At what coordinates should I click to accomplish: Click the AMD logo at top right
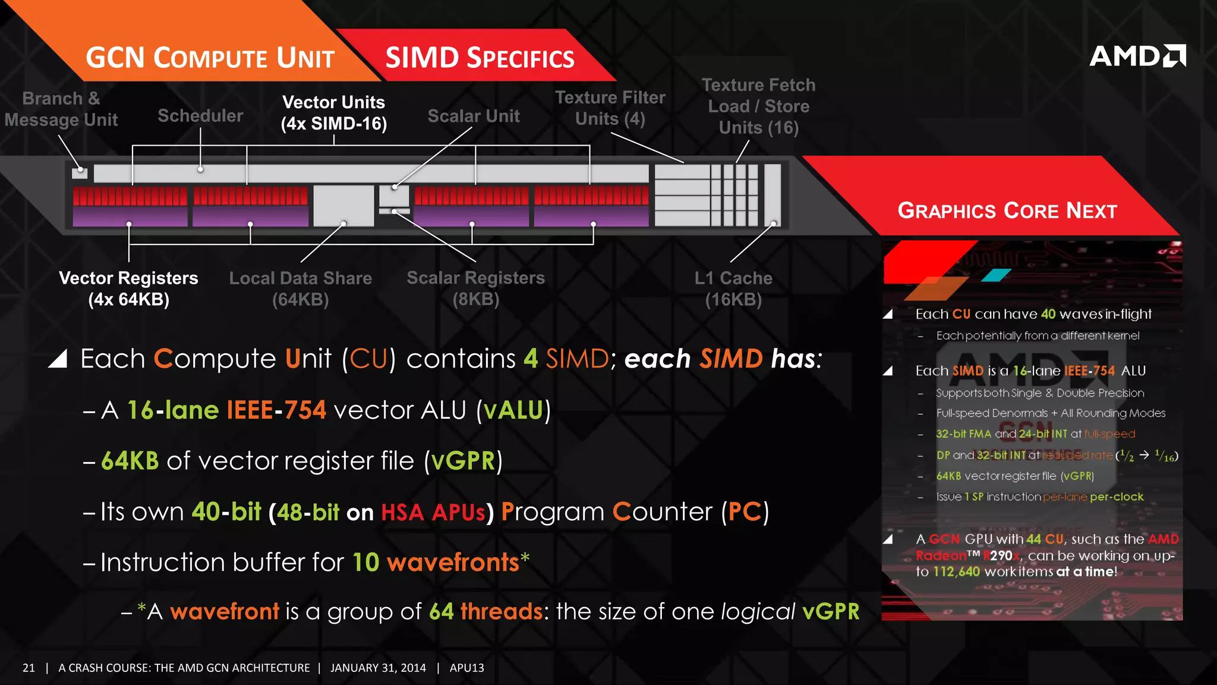(1137, 56)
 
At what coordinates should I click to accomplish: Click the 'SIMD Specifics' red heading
(480, 58)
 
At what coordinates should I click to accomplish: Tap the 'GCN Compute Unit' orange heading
(210, 58)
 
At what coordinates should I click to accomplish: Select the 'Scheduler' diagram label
(200, 115)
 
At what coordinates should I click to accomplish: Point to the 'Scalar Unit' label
(474, 116)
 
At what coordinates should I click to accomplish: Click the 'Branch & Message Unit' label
(61, 109)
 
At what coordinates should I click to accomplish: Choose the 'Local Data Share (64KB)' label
(301, 288)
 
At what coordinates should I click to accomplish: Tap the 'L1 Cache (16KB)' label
(733, 288)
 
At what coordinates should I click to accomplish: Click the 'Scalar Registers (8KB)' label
(475, 288)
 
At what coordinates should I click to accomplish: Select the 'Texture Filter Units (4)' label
(610, 108)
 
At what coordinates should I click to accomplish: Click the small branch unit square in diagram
(80, 173)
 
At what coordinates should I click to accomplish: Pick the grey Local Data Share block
(343, 206)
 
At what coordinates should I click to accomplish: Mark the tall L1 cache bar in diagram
(773, 195)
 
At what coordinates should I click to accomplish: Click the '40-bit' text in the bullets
(226, 511)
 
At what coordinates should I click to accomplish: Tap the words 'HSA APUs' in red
(433, 513)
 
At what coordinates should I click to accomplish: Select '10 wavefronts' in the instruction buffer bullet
(436, 562)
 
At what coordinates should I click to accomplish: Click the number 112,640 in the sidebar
(956, 571)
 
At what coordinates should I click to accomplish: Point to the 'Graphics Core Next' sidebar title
(1007, 210)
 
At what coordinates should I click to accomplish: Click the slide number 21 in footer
(29, 668)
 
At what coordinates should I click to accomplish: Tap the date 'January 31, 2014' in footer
(378, 668)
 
